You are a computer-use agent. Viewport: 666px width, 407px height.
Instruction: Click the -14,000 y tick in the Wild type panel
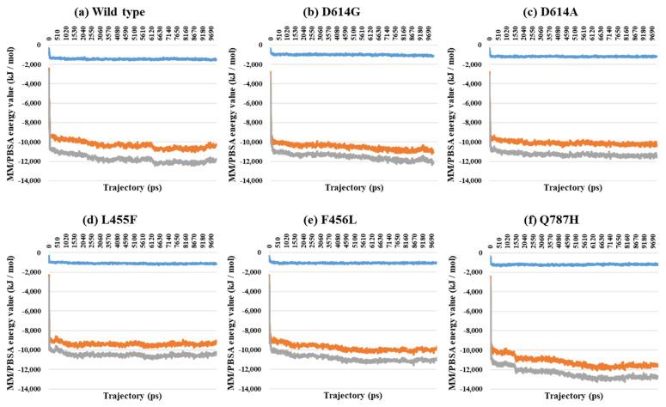26,183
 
